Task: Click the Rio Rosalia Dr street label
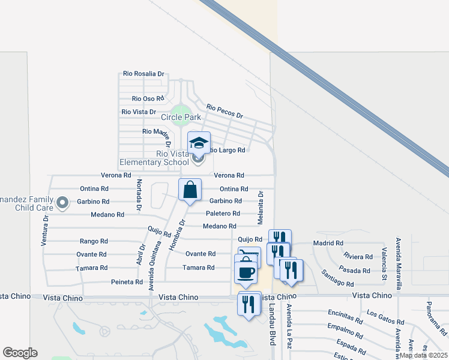point(143,74)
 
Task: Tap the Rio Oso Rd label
point(148,98)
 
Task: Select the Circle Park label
point(181,118)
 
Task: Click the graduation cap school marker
point(199,143)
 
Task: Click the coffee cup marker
point(246,272)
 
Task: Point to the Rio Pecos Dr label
point(224,111)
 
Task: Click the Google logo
point(20,353)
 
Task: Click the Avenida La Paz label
point(289,327)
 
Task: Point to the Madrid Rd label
point(328,243)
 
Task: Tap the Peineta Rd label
point(127,281)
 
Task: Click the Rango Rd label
point(93,241)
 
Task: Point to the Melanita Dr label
point(261,208)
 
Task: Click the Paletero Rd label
point(223,214)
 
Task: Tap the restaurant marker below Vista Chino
point(249,304)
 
